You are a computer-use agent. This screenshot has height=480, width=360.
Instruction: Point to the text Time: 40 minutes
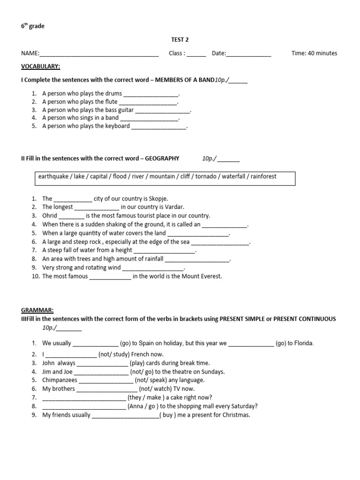pos(314,53)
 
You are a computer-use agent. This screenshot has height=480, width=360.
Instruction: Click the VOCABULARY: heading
pos(40,67)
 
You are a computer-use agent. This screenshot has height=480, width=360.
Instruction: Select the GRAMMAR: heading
pos(37,310)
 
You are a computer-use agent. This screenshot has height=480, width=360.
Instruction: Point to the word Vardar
pos(174,207)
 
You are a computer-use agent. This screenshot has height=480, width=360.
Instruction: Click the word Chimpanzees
pos(60,380)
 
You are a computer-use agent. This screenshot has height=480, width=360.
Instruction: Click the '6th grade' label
pos(33,27)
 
